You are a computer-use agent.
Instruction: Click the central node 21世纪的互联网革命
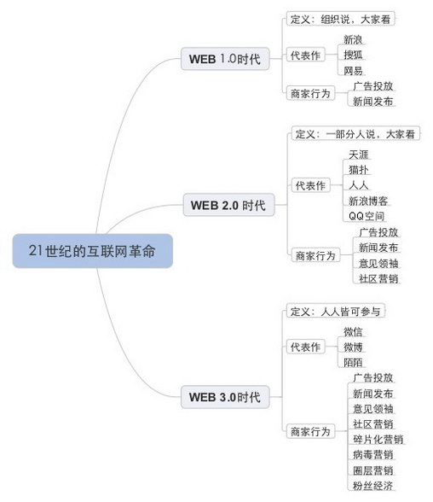pos(93,251)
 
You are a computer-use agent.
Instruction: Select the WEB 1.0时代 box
pos(225,59)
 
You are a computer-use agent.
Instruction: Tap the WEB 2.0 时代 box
pos(228,205)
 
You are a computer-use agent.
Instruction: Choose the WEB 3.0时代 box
pos(225,397)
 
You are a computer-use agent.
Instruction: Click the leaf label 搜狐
pos(353,55)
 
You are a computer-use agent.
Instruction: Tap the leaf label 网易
pos(353,70)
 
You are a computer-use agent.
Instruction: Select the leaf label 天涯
pos(359,155)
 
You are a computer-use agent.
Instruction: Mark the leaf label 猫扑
pos(359,169)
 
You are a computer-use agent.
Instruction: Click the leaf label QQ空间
pos(367,216)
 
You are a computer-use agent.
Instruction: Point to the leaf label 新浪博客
pos(368,201)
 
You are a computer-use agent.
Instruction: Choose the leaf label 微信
pos(353,331)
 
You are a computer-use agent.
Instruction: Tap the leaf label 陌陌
pos(353,362)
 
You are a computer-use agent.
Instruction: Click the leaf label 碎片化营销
pos(378,439)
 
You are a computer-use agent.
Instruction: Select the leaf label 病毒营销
pos(373,454)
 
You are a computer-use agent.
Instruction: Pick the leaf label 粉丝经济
pos(373,485)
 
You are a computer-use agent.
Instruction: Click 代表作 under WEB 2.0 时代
pos(310,185)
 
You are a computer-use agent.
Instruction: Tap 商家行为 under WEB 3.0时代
pos(310,431)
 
